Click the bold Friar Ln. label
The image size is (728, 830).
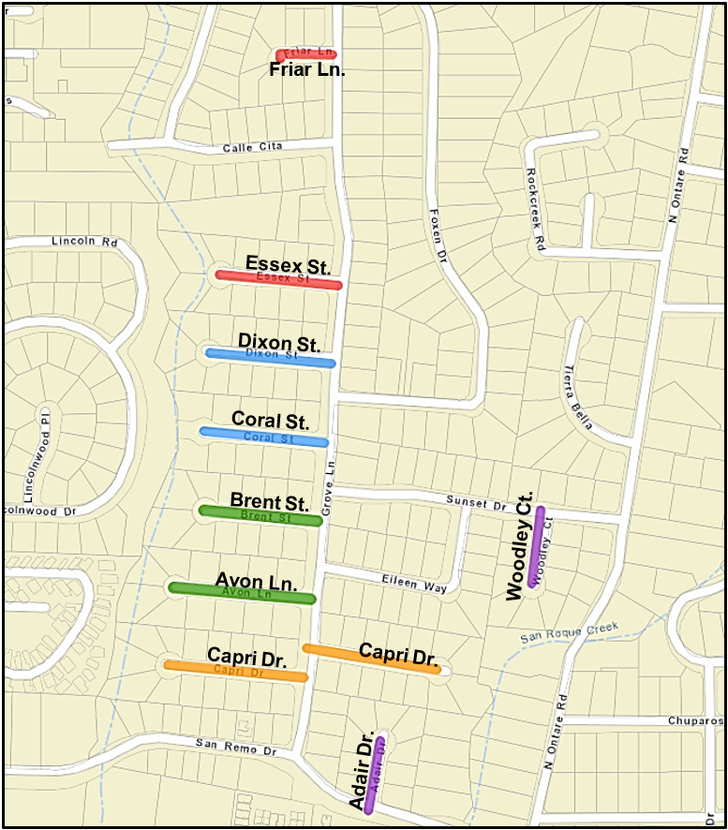tap(307, 70)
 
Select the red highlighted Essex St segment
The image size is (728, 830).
tap(278, 279)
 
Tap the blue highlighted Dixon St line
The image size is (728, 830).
tap(270, 357)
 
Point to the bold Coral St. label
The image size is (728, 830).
tap(270, 420)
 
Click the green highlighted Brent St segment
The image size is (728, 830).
tap(260, 515)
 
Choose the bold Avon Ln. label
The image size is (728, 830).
tap(256, 580)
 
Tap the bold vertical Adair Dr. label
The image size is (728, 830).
tap(362, 769)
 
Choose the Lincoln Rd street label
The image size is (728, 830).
tap(83, 241)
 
